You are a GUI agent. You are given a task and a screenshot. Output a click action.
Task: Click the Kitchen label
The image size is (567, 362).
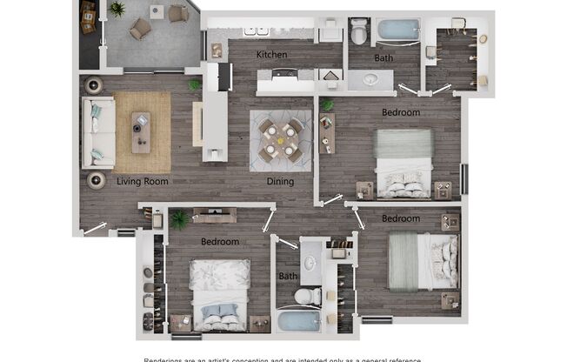(x=271, y=55)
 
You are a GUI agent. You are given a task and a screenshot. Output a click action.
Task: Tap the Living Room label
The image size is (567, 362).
(x=143, y=182)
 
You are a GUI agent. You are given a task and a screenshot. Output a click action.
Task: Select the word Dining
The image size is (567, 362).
(x=280, y=182)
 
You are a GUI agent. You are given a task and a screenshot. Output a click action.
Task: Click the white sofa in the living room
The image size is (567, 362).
(x=97, y=132)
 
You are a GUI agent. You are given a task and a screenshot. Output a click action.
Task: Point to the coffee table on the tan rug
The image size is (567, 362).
(x=140, y=131)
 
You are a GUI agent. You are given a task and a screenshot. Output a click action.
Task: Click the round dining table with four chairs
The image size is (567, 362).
(x=280, y=140)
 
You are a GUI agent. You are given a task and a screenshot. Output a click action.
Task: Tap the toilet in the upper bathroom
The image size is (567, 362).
(x=359, y=33)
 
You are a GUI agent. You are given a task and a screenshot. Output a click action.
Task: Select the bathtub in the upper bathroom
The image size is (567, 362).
(x=398, y=30)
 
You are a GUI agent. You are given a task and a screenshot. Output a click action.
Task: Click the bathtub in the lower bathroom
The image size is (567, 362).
(x=299, y=321)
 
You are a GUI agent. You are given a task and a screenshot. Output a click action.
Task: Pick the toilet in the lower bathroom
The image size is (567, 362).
(x=305, y=296)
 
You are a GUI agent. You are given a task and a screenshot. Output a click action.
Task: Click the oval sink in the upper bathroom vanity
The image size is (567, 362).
(x=371, y=80)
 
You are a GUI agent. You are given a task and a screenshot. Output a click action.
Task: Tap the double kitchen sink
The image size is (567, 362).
(x=256, y=30)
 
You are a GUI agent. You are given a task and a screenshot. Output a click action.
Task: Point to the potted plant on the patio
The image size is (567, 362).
(x=117, y=9)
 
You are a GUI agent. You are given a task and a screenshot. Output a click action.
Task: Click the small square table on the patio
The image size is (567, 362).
(x=157, y=11)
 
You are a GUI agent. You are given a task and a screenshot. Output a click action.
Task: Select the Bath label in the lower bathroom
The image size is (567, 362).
(x=287, y=277)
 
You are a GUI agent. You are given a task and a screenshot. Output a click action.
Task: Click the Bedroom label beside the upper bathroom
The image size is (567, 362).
(x=401, y=112)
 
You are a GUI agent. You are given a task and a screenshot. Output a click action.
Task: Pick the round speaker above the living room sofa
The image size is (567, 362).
(x=94, y=84)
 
